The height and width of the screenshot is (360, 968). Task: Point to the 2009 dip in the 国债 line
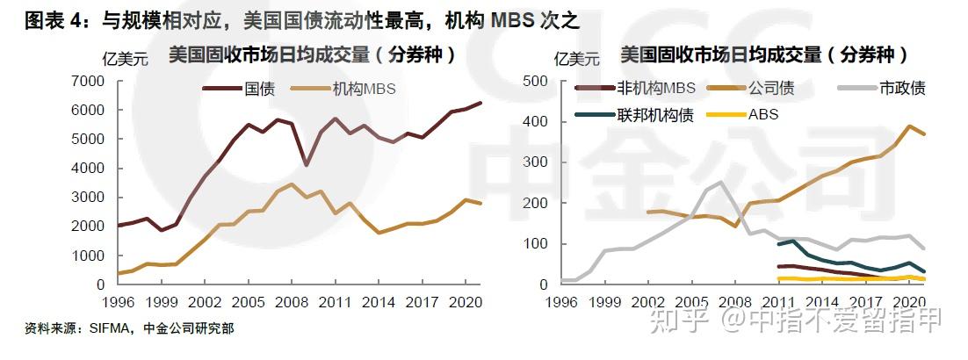(306, 165)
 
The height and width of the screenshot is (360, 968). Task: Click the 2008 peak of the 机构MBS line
(292, 184)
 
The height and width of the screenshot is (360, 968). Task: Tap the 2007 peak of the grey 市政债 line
(720, 183)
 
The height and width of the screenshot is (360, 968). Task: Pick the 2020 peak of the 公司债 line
(910, 126)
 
